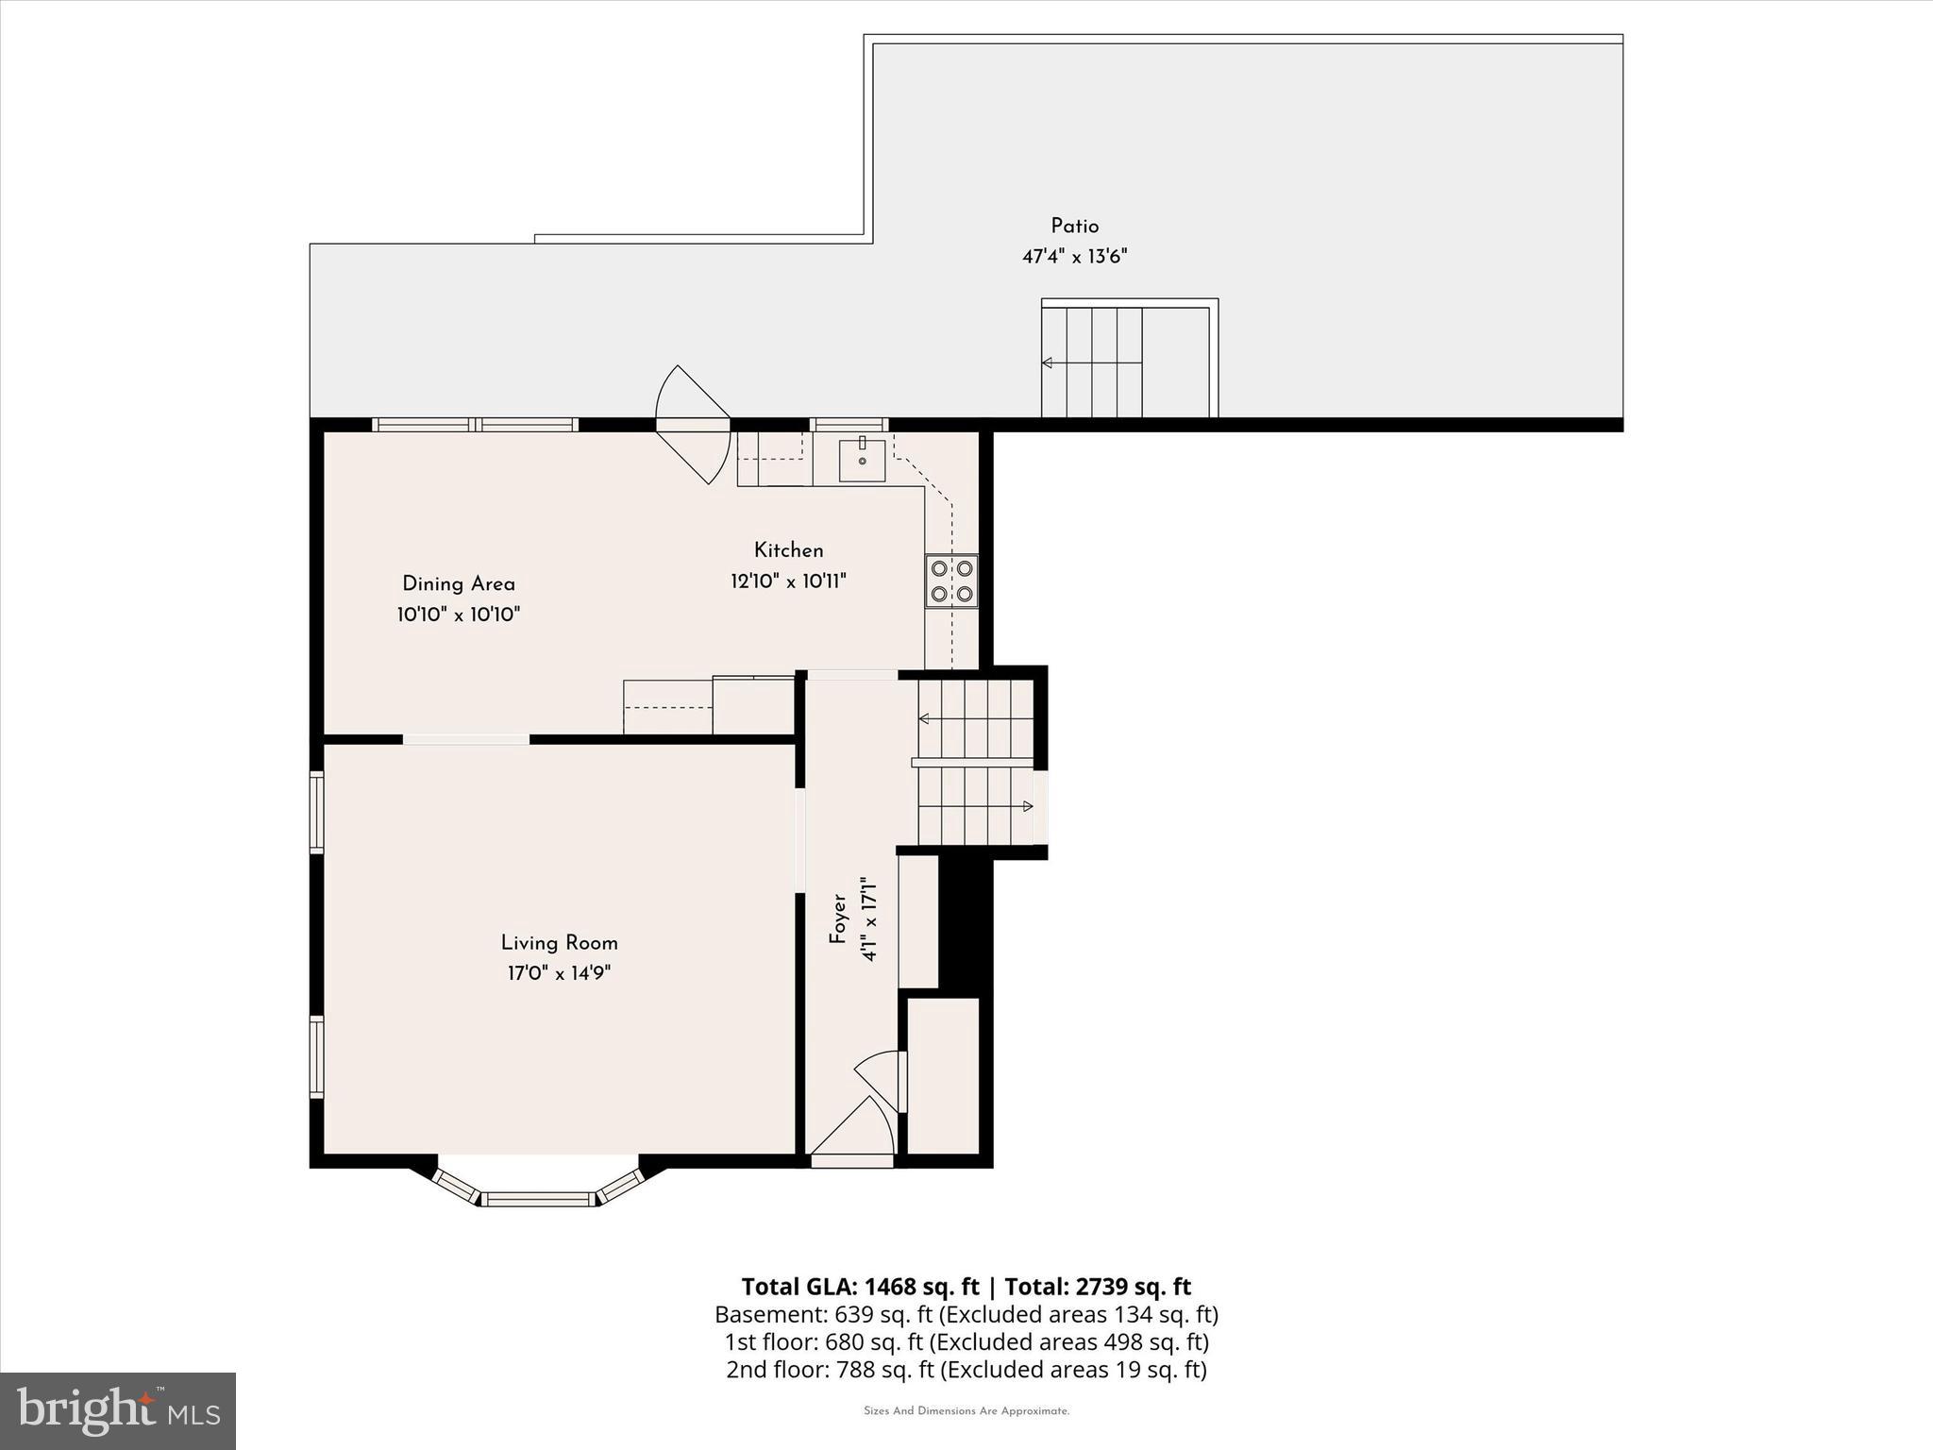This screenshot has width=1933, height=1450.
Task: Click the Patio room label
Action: click(x=1074, y=227)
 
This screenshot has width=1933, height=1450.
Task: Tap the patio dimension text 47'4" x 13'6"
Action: click(x=1074, y=257)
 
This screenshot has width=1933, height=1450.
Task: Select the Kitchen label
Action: click(x=788, y=550)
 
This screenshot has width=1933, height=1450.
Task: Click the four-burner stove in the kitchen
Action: click(x=951, y=582)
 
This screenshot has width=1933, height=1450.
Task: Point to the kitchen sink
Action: click(x=862, y=460)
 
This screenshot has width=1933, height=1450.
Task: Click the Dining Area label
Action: click(x=459, y=584)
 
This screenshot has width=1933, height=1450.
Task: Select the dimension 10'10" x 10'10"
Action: click(x=459, y=615)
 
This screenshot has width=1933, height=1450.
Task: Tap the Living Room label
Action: click(x=559, y=943)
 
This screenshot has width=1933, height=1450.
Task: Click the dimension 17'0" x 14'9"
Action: click(x=559, y=973)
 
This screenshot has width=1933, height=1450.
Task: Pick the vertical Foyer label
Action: click(x=837, y=919)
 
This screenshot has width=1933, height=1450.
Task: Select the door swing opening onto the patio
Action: click(x=692, y=425)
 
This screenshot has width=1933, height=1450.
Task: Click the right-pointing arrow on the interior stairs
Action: click(x=1028, y=806)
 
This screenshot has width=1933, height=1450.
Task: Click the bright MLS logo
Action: click(x=118, y=1410)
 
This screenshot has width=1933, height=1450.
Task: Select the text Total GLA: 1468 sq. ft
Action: click(x=860, y=1287)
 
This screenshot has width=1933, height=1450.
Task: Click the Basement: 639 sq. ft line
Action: click(x=966, y=1314)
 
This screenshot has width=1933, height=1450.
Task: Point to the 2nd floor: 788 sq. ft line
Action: click(x=966, y=1369)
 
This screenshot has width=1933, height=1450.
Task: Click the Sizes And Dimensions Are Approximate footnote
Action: click(x=966, y=1411)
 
